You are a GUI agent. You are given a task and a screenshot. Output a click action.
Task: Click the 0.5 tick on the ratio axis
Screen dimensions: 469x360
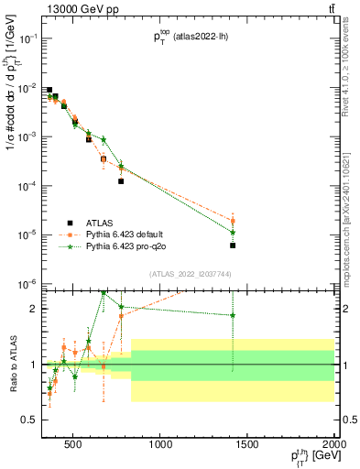tap(36, 420)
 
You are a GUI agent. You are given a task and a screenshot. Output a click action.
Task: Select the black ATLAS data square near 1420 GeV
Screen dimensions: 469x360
tap(233, 245)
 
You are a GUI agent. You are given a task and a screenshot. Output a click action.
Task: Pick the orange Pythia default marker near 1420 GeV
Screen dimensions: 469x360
tap(233, 221)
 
